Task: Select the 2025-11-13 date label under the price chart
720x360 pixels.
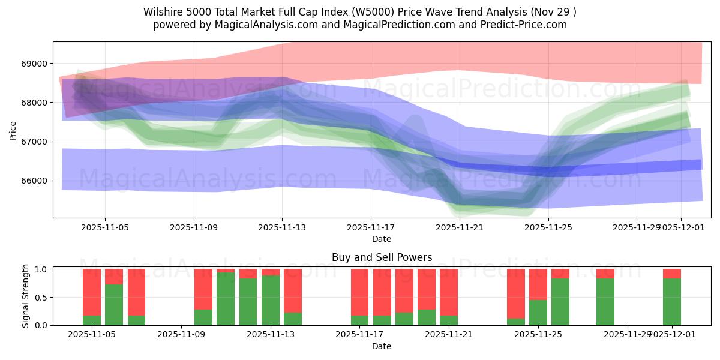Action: click(x=282, y=227)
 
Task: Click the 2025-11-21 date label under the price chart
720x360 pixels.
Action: click(x=459, y=227)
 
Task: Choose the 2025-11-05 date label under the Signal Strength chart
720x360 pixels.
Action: click(x=92, y=335)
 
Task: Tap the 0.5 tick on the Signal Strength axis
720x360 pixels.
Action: click(x=41, y=297)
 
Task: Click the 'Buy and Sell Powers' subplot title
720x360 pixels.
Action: click(x=382, y=257)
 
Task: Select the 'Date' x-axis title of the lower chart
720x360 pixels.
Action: click(x=382, y=346)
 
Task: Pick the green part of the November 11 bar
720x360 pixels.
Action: click(x=226, y=299)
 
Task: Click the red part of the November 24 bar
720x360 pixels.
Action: click(x=516, y=293)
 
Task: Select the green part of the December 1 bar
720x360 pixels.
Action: click(x=672, y=302)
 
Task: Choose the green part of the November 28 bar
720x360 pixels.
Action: click(x=605, y=302)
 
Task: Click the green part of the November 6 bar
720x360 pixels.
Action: click(x=114, y=305)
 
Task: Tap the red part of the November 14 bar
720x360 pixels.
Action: click(x=293, y=290)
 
